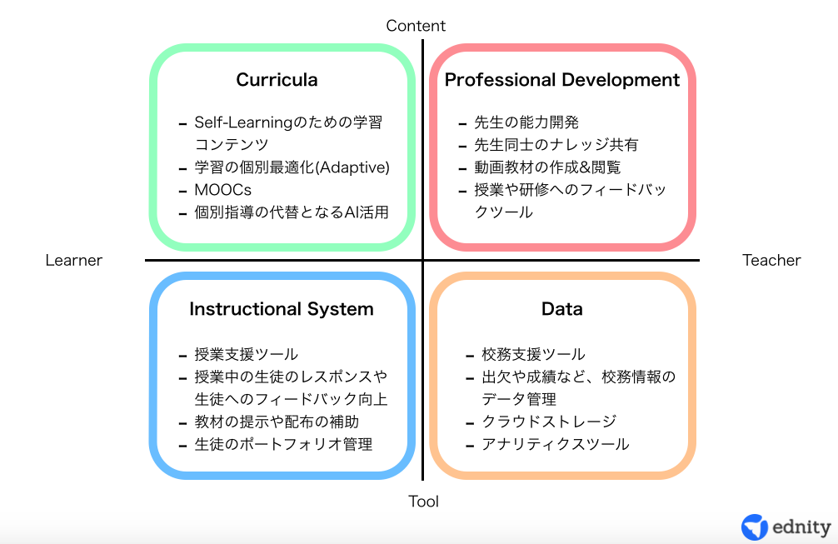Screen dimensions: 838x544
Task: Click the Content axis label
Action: point(416,26)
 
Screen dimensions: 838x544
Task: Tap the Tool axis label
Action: point(423,502)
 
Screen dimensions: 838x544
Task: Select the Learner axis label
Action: point(74,260)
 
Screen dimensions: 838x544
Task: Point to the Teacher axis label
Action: point(771,260)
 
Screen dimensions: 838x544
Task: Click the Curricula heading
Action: point(277,80)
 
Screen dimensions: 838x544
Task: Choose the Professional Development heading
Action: point(562,80)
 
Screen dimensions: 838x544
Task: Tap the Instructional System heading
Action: point(282,309)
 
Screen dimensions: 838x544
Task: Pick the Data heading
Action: point(561,309)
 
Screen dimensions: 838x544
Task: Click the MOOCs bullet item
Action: point(223,190)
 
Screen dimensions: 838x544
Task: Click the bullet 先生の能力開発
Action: point(526,122)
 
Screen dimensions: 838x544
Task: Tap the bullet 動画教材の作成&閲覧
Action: point(547,167)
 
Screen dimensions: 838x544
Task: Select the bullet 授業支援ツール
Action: point(247,354)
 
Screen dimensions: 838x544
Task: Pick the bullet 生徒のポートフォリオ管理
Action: point(283,444)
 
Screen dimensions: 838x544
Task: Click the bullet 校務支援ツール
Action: point(533,354)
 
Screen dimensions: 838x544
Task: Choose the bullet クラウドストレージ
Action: point(549,422)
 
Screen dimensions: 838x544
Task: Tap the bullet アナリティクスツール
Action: point(556,444)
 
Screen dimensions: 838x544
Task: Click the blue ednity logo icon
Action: point(755,527)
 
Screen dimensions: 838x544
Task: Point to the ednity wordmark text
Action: point(801,527)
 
